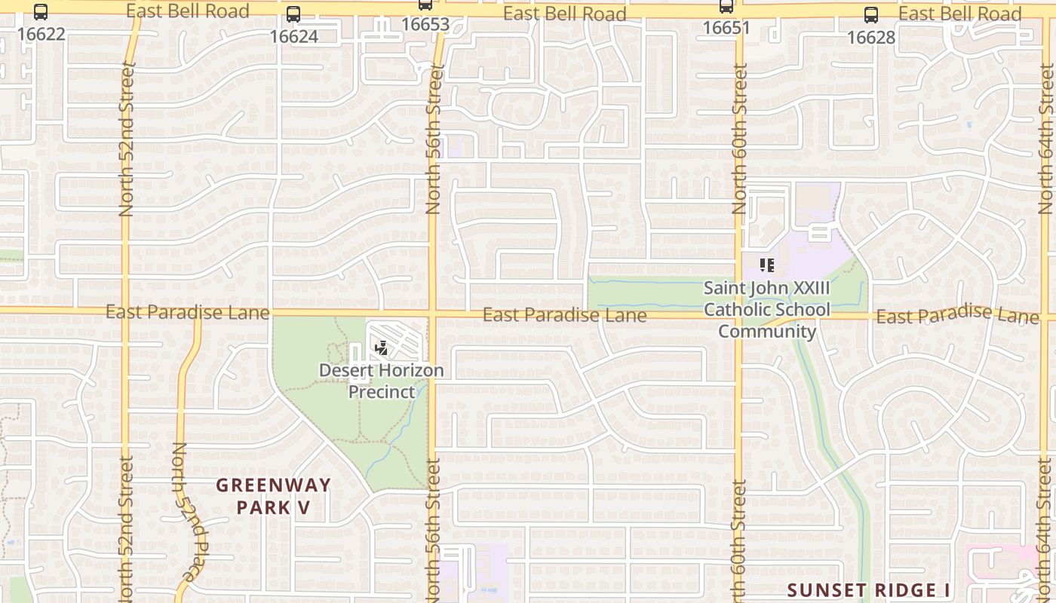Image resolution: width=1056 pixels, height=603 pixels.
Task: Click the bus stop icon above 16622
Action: pos(41,12)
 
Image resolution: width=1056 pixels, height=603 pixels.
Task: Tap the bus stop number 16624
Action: pos(293,36)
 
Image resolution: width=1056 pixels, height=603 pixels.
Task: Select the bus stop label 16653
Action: pos(425,24)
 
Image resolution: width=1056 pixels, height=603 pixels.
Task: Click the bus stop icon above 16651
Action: pos(726,7)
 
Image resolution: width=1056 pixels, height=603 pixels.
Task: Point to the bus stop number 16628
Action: pos(871,37)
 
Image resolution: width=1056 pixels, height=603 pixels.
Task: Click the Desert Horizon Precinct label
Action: pos(381,381)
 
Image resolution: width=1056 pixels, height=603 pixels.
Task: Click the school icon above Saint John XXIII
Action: pos(766,265)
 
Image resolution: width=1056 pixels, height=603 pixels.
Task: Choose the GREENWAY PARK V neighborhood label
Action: pos(273,496)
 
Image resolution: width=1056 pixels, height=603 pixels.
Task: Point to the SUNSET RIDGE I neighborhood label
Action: pos(867,589)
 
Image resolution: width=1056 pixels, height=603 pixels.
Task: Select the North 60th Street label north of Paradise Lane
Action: pos(739,139)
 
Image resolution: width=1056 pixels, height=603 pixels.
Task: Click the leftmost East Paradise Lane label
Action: pos(187,312)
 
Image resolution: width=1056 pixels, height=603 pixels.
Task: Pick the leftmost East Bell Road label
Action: pos(187,11)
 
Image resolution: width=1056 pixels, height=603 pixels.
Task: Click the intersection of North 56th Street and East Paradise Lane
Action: pos(433,311)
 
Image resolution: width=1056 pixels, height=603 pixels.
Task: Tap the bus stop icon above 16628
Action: pos(871,14)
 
